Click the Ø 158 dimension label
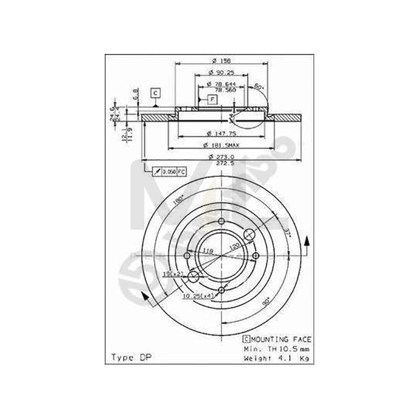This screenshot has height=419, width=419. pyautogui.click(x=222, y=61)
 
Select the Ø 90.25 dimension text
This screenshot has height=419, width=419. pyautogui.click(x=222, y=72)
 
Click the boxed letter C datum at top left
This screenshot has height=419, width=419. pyautogui.click(x=155, y=93)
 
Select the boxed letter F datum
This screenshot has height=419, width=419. pyautogui.click(x=212, y=99)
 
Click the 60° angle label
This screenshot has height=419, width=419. pyautogui.click(x=259, y=87)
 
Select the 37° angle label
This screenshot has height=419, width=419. pyautogui.click(x=288, y=232)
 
